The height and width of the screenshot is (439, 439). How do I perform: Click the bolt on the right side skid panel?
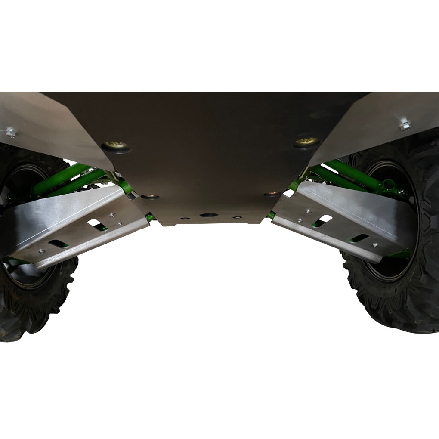click(405, 125)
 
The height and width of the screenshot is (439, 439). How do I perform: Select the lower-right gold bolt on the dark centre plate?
click(271, 194)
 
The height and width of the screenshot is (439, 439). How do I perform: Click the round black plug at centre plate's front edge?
click(208, 214)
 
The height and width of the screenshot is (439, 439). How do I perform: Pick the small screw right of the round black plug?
click(235, 217)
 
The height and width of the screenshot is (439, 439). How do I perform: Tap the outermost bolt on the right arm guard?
click(375, 244)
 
